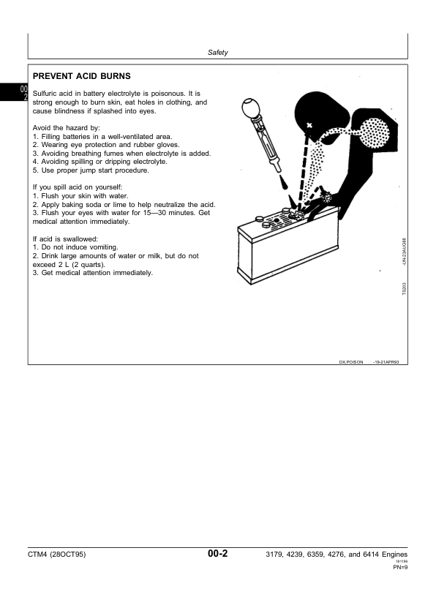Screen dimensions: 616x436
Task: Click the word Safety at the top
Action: [x=218, y=53]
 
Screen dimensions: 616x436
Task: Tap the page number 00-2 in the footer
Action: [x=217, y=555]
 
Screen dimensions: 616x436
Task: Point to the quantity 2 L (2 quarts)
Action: [x=81, y=264]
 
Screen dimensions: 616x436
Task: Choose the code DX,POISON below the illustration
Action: [x=350, y=361]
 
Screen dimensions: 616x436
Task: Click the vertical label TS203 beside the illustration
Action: [x=403, y=287]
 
